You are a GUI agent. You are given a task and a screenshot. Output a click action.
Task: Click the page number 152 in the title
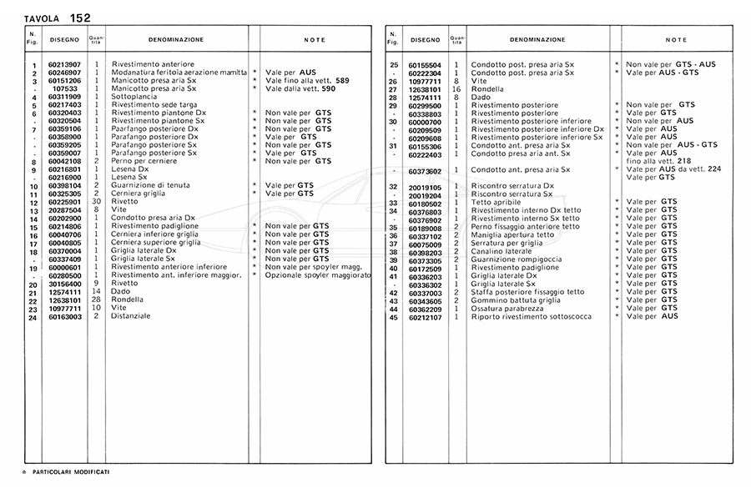[81, 18]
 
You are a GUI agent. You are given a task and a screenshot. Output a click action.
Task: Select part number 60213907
[64, 65]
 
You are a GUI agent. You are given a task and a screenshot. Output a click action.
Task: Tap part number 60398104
[64, 185]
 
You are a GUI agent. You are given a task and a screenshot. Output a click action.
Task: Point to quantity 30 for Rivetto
[97, 201]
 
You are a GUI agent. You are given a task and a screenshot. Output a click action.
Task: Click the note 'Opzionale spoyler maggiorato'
[317, 274]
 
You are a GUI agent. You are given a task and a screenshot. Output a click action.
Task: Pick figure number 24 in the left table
[33, 317]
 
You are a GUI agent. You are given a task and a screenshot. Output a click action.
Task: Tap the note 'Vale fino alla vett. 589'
[306, 81]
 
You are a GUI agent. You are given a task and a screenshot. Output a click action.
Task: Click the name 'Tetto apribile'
[496, 202]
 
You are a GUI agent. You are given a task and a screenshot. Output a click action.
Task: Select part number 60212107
[425, 317]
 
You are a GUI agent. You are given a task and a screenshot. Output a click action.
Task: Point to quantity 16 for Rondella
[456, 89]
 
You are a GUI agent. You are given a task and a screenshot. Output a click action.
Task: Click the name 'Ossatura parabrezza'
[507, 309]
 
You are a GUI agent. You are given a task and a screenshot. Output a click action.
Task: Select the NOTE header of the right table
[676, 40]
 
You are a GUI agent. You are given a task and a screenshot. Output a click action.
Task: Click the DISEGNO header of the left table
[64, 39]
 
